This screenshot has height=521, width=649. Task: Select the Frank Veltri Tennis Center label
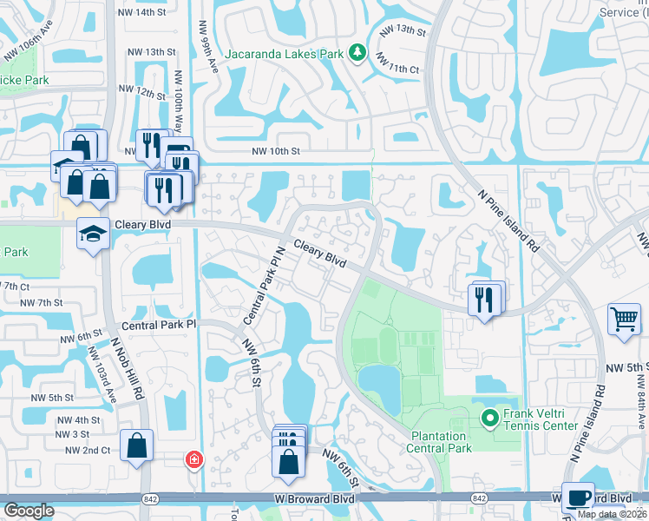541,419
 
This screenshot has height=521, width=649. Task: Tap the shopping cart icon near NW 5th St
624,320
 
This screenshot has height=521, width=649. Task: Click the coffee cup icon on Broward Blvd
578,498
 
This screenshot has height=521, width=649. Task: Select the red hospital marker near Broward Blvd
194,458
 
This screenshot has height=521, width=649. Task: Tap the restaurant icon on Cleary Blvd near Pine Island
484,300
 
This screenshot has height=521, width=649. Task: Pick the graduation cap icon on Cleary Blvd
93,233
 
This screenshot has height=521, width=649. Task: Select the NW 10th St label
275,151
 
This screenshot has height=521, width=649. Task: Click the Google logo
28,511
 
